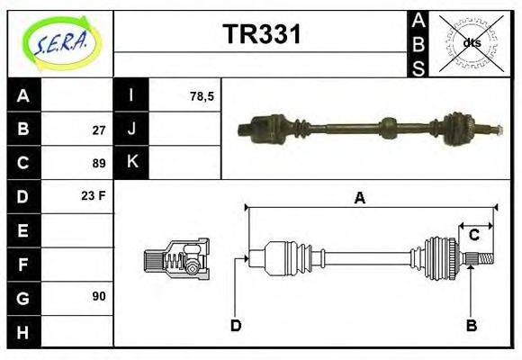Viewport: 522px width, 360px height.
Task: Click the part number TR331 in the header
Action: (x=261, y=35)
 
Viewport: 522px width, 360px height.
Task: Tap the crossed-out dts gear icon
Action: (x=470, y=43)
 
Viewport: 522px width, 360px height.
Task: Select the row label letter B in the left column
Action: (x=24, y=130)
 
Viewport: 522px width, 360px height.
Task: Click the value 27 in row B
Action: (x=98, y=130)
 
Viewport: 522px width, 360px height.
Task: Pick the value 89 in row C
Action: (x=98, y=164)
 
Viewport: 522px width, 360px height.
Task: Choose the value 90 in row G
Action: (x=98, y=295)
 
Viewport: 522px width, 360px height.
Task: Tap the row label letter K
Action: (x=131, y=163)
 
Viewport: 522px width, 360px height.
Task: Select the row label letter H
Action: (x=24, y=331)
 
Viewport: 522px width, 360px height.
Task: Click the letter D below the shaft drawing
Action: (x=236, y=325)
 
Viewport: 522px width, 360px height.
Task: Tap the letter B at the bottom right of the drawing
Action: (x=471, y=325)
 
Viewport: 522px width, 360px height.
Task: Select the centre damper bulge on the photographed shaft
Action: (x=388, y=127)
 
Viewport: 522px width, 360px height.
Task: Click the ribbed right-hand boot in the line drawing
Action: (x=440, y=256)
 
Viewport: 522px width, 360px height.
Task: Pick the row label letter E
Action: (x=24, y=230)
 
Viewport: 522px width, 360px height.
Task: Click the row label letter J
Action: (x=131, y=130)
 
